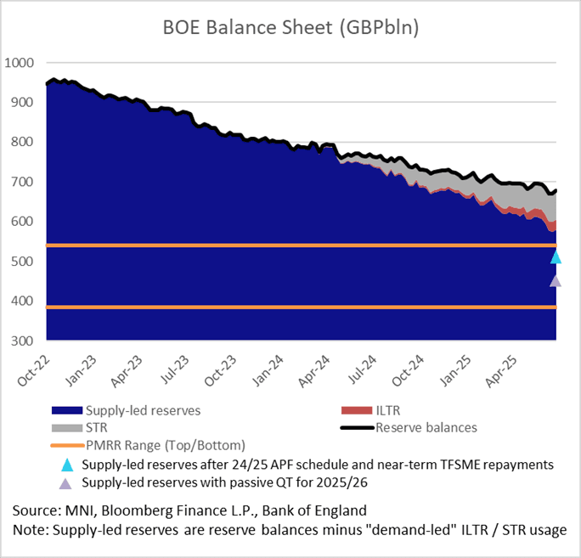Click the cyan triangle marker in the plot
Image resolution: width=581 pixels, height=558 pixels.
pos(556,256)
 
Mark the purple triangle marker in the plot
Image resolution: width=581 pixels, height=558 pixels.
pos(556,280)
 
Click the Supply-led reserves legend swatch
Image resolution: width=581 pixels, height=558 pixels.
pos(67,410)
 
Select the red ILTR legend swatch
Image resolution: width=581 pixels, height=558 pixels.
pos(357,410)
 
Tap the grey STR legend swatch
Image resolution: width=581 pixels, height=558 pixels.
pos(67,427)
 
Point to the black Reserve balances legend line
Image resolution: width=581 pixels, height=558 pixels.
pos(357,427)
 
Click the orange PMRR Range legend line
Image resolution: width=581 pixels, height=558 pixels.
pos(67,445)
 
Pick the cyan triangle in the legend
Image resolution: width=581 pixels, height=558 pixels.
pos(67,465)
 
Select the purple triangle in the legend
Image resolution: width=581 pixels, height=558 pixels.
pos(67,483)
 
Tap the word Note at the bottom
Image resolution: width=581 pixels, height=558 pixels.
pos(29,530)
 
